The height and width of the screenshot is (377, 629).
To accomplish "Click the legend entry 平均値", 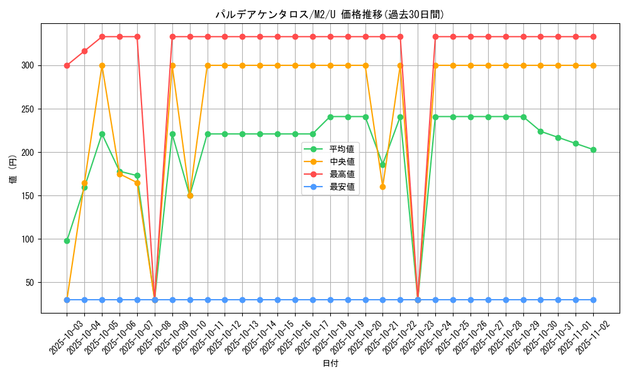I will click(x=342, y=149).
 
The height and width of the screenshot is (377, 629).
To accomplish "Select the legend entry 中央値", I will click(x=342, y=161).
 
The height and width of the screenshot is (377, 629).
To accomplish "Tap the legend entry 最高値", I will click(x=342, y=174).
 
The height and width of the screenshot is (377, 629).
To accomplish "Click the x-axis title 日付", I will click(x=330, y=364).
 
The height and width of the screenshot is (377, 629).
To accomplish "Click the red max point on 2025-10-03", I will click(x=67, y=65).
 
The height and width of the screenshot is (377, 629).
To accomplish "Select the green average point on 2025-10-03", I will click(x=67, y=241).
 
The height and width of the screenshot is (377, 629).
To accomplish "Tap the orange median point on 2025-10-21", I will click(x=382, y=187).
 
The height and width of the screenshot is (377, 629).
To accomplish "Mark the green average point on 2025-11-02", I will click(x=593, y=150).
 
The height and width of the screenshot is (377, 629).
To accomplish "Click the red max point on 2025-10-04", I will click(x=84, y=51).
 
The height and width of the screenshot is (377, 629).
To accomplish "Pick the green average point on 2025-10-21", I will click(x=382, y=165).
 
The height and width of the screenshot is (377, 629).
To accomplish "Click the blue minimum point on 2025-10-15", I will click(x=277, y=300).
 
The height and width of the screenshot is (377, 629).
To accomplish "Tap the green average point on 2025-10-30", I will click(x=540, y=131).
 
